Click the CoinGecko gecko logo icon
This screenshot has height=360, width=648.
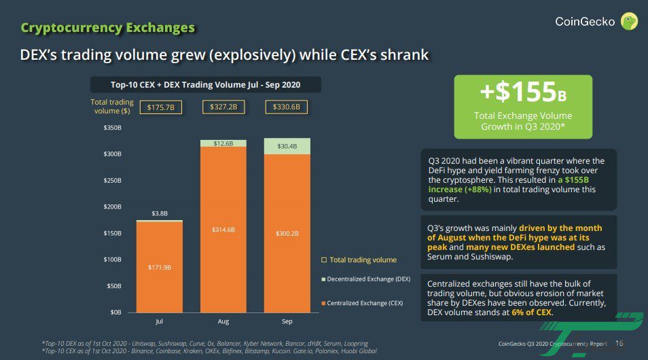(x=630, y=22)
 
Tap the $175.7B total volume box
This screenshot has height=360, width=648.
(x=160, y=107)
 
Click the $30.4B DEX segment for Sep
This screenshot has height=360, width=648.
(x=287, y=147)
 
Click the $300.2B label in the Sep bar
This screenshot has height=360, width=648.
(x=287, y=233)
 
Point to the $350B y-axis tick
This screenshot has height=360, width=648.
(x=112, y=128)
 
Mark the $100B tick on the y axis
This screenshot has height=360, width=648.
(x=112, y=259)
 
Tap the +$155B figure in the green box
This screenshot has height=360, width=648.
(x=523, y=92)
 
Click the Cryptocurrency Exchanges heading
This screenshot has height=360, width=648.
(x=108, y=28)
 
